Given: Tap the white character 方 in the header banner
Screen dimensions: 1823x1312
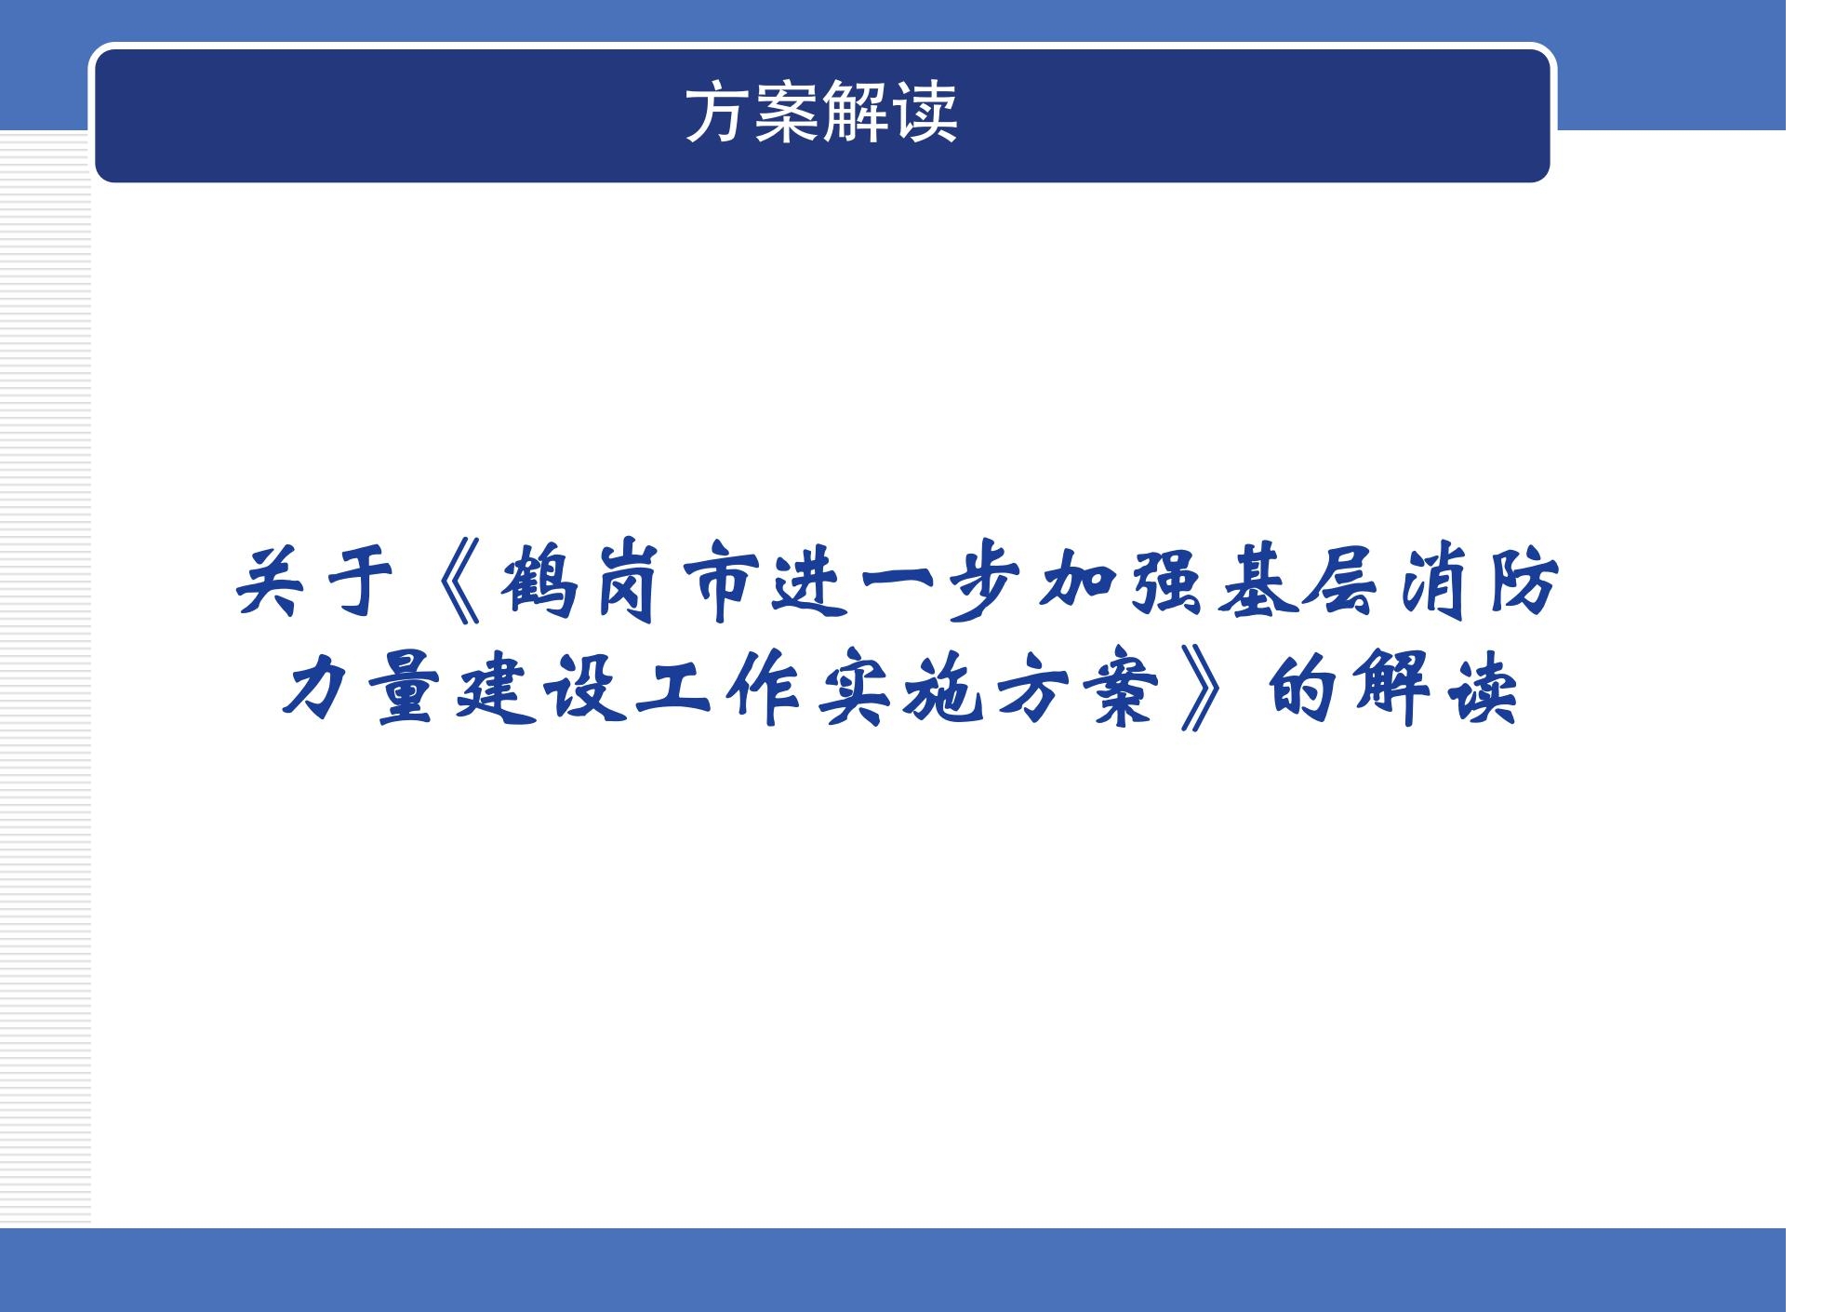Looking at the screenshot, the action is click(x=718, y=115).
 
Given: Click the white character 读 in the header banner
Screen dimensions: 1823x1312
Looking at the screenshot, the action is click(x=926, y=115).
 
